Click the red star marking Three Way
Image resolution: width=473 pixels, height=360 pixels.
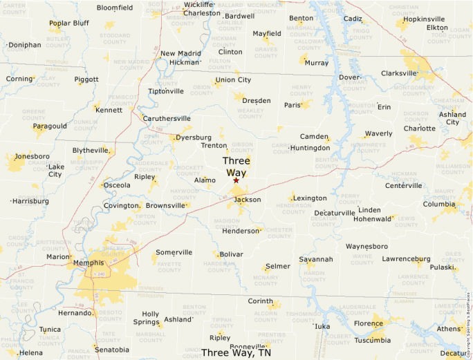click(236, 180)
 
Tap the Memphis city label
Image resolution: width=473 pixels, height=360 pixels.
click(89, 263)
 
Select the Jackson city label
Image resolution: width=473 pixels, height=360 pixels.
click(248, 200)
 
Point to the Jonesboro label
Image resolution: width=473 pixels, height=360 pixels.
click(33, 156)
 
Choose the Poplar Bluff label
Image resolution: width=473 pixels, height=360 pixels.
click(69, 23)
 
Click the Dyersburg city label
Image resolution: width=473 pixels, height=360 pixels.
click(194, 138)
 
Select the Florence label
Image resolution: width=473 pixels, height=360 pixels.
click(369, 323)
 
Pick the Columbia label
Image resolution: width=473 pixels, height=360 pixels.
click(440, 204)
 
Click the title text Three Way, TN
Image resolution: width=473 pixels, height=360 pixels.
click(236, 352)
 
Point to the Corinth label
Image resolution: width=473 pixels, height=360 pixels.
click(261, 301)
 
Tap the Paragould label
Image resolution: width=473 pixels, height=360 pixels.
click(50, 126)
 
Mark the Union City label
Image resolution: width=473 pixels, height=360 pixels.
click(233, 79)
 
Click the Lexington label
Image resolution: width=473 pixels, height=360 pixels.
click(310, 198)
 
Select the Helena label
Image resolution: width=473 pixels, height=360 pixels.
click(30, 352)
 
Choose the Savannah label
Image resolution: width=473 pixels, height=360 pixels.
click(316, 259)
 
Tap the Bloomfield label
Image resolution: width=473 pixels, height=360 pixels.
click(115, 8)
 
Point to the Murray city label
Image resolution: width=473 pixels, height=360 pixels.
click(317, 63)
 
